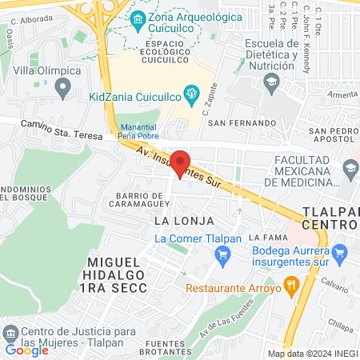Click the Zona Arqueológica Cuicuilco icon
pyautogui.click(x=138, y=18)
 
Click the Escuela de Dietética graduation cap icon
pyautogui.click(x=272, y=82)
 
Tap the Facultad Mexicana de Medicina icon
pyautogui.click(x=349, y=168)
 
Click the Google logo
pyautogui.click(x=26, y=350)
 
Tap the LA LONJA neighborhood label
pyautogui.click(x=175, y=218)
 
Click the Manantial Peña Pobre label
pyautogui.click(x=138, y=131)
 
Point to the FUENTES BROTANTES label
pyautogui.click(x=168, y=346)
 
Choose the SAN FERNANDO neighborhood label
pyautogui.click(x=233, y=123)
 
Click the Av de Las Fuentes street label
pyautogui.click(x=232, y=319)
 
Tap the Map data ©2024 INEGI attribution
pyautogui.click(x=312, y=354)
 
